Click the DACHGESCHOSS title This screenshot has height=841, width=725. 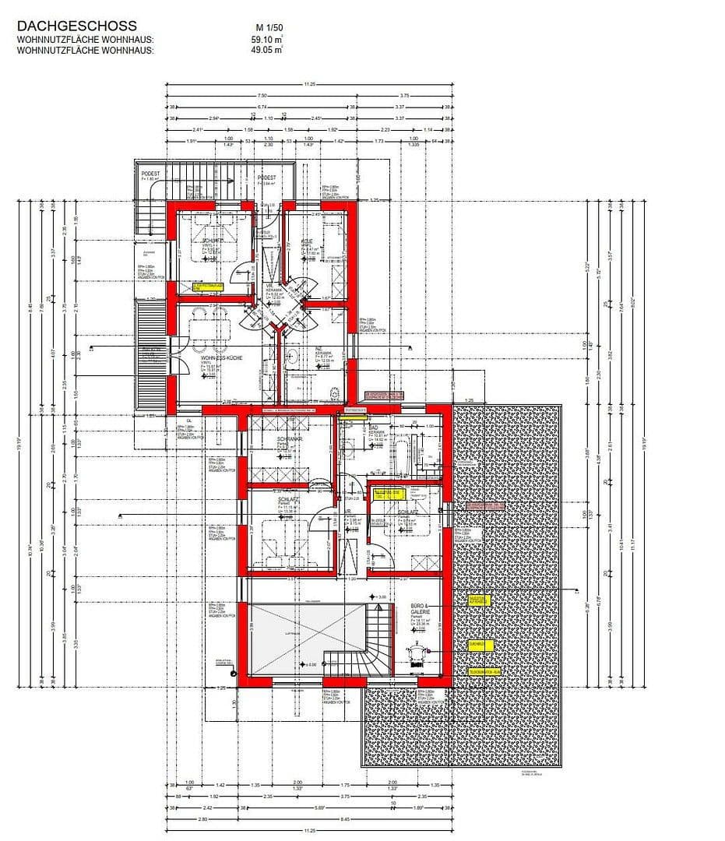click(76, 26)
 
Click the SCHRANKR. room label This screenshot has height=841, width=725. click(289, 439)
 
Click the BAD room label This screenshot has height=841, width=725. click(373, 428)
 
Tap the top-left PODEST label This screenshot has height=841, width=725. click(150, 173)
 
